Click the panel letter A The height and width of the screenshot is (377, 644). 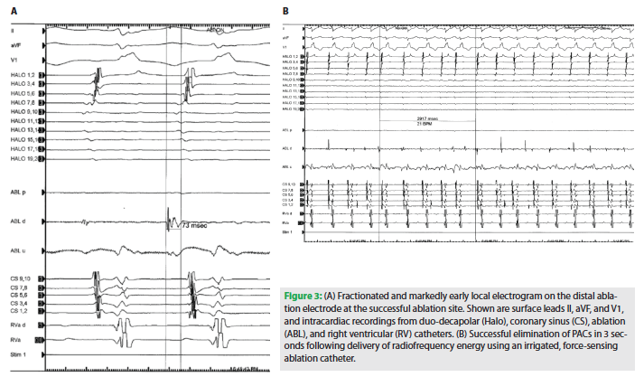click(x=13, y=10)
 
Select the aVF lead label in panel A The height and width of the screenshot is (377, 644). click(x=16, y=44)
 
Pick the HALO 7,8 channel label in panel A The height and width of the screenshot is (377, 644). click(x=22, y=104)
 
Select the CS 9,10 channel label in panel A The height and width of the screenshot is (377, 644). click(x=21, y=278)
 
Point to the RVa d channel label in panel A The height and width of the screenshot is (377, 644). click(x=17, y=325)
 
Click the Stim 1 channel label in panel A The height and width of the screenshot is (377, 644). click(x=17, y=356)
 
